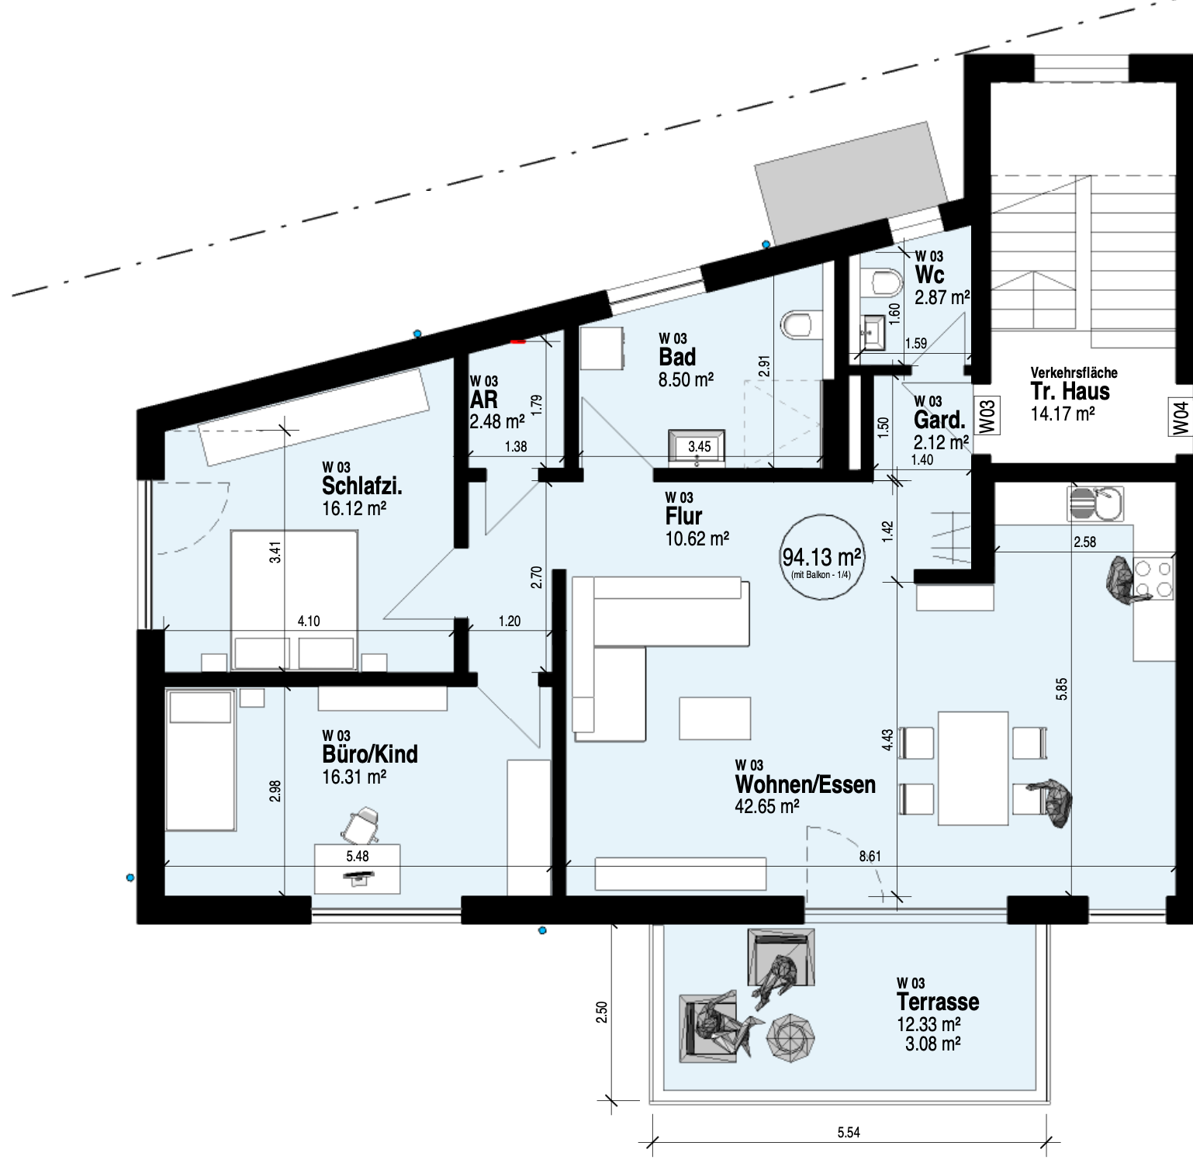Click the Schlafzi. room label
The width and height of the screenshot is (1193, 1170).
pyautogui.click(x=361, y=486)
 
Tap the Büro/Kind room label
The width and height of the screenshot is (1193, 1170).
pyautogui.click(x=370, y=754)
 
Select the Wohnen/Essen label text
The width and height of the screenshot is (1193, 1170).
pyautogui.click(x=805, y=784)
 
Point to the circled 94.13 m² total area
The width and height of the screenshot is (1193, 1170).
pyautogui.click(x=821, y=557)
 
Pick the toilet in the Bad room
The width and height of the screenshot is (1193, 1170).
pyautogui.click(x=797, y=324)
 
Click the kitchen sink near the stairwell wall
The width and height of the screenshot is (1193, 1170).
pyautogui.click(x=1094, y=504)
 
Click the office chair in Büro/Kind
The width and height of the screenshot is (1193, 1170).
pyautogui.click(x=361, y=826)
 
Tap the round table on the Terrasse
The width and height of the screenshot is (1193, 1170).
pyautogui.click(x=790, y=1037)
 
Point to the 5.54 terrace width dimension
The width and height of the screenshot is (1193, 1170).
pyautogui.click(x=849, y=1133)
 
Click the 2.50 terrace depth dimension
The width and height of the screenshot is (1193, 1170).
pyautogui.click(x=602, y=1013)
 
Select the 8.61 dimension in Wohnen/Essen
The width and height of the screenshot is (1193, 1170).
pyautogui.click(x=870, y=857)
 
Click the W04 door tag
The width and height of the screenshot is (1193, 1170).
pyautogui.click(x=1181, y=417)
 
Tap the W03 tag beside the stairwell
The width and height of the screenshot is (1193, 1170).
pyautogui.click(x=986, y=416)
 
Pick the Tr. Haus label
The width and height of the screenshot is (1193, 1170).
pyautogui.click(x=1070, y=391)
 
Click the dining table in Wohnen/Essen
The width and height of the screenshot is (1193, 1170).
pyautogui.click(x=973, y=768)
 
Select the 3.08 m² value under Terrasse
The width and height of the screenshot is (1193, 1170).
pyautogui.click(x=932, y=1044)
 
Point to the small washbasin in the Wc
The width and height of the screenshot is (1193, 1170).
pyautogui.click(x=873, y=334)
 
